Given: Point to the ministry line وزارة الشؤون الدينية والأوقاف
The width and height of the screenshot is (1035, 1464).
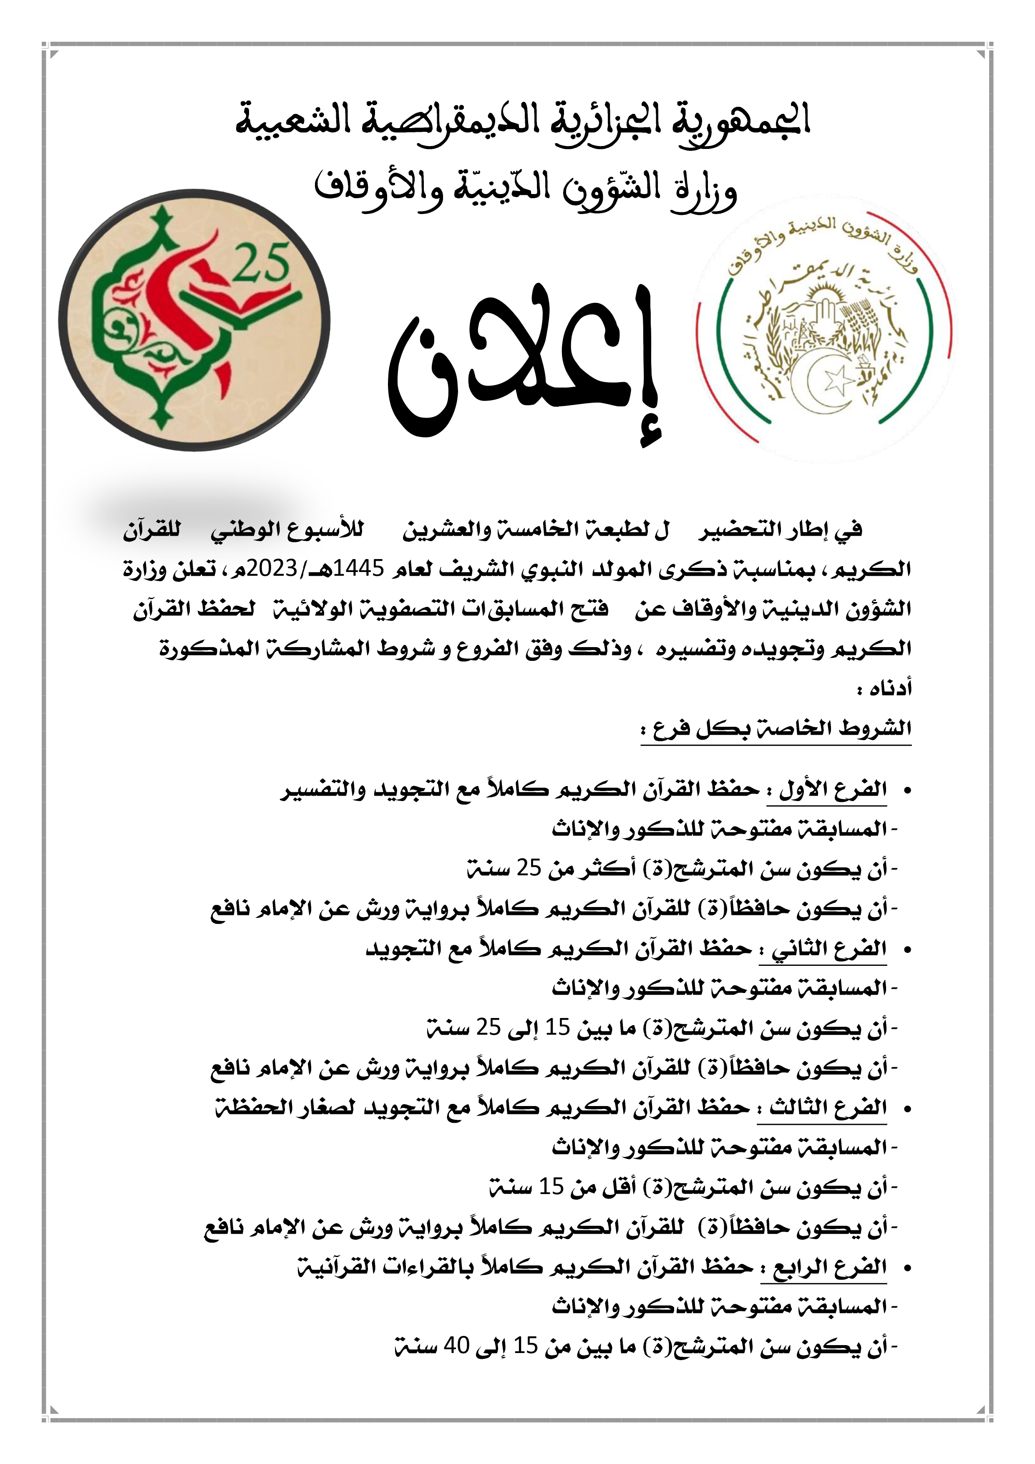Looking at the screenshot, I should (x=526, y=190).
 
